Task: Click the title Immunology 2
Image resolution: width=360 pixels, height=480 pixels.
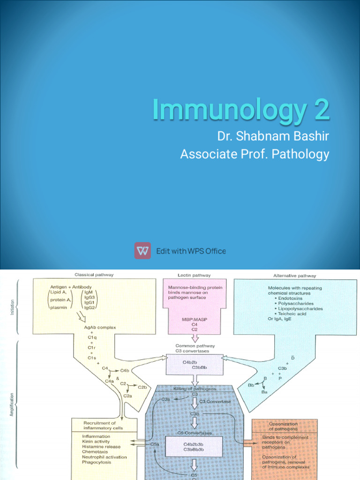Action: (x=240, y=109)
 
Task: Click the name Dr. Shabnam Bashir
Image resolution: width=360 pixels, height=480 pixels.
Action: (x=273, y=136)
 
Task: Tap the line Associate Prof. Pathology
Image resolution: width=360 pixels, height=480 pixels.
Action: (x=255, y=154)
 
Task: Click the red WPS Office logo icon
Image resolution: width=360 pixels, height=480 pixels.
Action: (x=142, y=251)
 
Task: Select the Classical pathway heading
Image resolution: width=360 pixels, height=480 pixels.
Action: (x=94, y=275)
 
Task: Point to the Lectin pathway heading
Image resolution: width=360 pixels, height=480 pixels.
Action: (x=195, y=275)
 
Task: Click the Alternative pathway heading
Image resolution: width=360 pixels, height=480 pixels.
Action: (x=295, y=276)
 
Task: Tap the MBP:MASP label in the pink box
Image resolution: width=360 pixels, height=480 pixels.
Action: (x=195, y=319)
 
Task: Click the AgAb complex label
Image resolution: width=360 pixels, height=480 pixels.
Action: (x=100, y=327)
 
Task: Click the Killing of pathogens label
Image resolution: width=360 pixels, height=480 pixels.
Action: (x=195, y=389)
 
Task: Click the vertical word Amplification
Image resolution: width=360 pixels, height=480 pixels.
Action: (x=13, y=404)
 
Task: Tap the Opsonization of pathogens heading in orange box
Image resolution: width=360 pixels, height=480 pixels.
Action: (x=283, y=426)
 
